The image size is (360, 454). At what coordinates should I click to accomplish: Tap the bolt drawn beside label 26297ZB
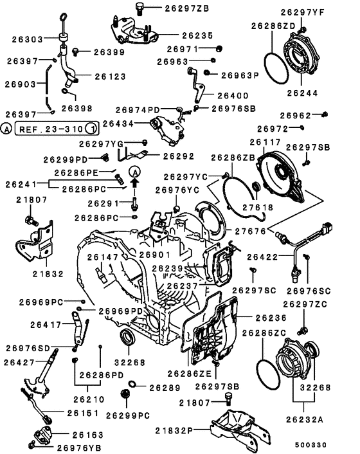coord(139,8)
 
